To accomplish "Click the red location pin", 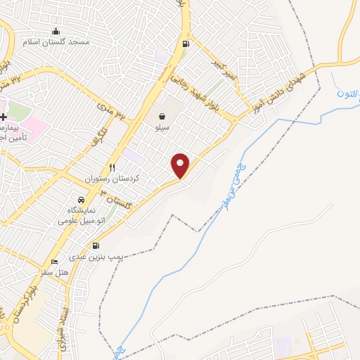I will pyautogui.click(x=181, y=165).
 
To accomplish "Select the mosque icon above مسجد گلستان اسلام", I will pyautogui.click(x=56, y=31).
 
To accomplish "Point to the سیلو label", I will pyautogui.click(x=162, y=129).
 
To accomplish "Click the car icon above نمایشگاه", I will pyautogui.click(x=82, y=200).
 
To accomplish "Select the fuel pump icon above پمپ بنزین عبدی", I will pyautogui.click(x=96, y=246).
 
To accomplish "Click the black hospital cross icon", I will pyautogui.click(x=4, y=117).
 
